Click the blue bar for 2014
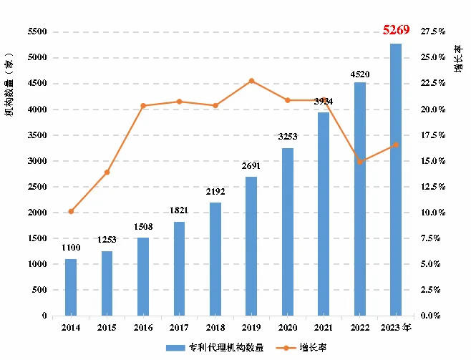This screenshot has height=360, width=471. coord(71,287)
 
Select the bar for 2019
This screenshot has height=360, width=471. coord(251,245)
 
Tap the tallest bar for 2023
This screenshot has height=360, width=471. coord(396,179)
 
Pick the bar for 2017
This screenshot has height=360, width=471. coord(179,268)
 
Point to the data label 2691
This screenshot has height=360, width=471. coord(251,167)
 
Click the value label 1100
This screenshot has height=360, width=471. coord(71,249)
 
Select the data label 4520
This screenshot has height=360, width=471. coord(359,73)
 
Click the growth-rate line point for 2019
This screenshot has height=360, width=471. coord(251,81)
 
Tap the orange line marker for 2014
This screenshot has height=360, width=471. coord(71,211)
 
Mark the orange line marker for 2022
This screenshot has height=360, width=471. coord(359,162)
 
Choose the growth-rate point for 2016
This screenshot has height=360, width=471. coord(143,106)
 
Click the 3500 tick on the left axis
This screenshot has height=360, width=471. coord(37,135)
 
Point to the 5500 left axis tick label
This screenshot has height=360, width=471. coord(37,32)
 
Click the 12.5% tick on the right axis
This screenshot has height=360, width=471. coord(434,187)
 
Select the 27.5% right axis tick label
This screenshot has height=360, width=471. coord(434,32)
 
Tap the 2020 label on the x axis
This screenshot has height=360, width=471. coord(287,327)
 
